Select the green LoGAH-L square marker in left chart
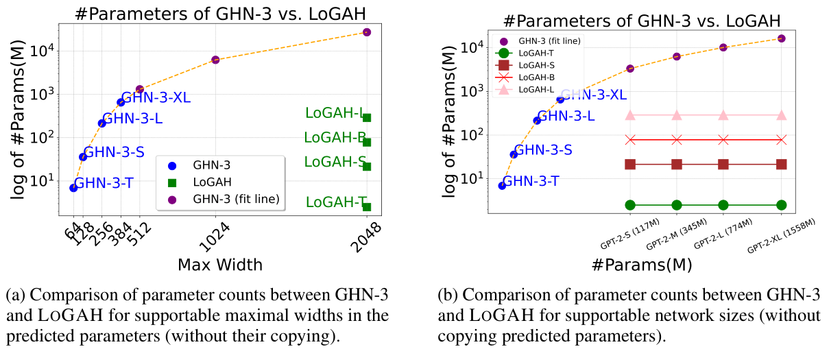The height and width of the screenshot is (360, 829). (367, 118)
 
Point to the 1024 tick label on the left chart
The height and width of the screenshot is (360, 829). (217, 237)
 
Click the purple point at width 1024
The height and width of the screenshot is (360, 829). (215, 60)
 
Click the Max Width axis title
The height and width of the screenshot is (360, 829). (219, 264)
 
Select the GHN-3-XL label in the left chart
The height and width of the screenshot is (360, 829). (156, 98)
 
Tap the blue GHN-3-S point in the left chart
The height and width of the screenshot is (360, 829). (83, 157)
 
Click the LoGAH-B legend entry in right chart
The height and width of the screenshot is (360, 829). (536, 77)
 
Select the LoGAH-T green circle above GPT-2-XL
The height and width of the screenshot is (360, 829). (781, 205)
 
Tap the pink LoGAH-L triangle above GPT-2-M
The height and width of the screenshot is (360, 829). (677, 115)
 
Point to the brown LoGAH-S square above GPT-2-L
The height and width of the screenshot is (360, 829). (723, 164)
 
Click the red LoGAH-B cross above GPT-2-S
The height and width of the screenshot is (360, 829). (630, 140)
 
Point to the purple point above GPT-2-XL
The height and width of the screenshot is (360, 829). (781, 38)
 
